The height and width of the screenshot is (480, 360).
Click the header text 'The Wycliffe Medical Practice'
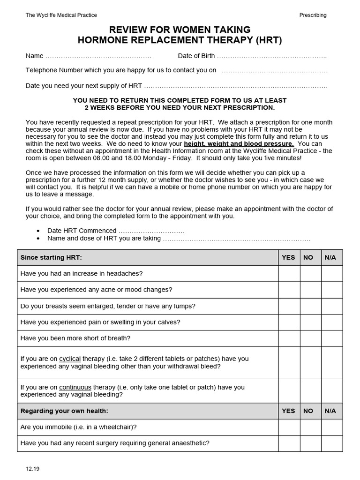click(x=61, y=15)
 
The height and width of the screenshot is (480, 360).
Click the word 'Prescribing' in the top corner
click(x=313, y=15)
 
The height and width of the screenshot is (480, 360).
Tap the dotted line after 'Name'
click(x=98, y=56)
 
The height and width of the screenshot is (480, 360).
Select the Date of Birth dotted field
click(x=271, y=56)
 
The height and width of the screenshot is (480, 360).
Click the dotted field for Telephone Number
click(x=274, y=71)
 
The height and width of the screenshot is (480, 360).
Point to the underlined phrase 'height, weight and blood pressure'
click(x=239, y=143)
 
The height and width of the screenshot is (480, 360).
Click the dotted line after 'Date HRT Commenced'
click(x=151, y=231)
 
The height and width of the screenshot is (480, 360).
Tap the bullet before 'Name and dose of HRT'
click(x=38, y=238)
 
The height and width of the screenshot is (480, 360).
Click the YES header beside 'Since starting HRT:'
click(x=288, y=257)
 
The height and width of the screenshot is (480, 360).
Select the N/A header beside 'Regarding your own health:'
click(x=330, y=411)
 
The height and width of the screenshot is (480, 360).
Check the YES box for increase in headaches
click(x=289, y=273)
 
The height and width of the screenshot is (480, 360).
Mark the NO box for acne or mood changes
click(x=310, y=290)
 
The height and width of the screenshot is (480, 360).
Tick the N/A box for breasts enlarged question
click(x=331, y=306)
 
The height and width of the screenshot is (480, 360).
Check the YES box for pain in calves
click(x=289, y=322)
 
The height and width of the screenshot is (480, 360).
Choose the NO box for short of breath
click(x=310, y=338)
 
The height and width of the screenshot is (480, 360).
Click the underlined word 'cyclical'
click(x=70, y=359)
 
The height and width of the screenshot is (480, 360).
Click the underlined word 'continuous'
click(x=75, y=387)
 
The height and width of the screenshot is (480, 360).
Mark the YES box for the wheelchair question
click(x=289, y=427)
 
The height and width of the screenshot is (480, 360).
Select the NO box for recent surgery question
click(x=310, y=443)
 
